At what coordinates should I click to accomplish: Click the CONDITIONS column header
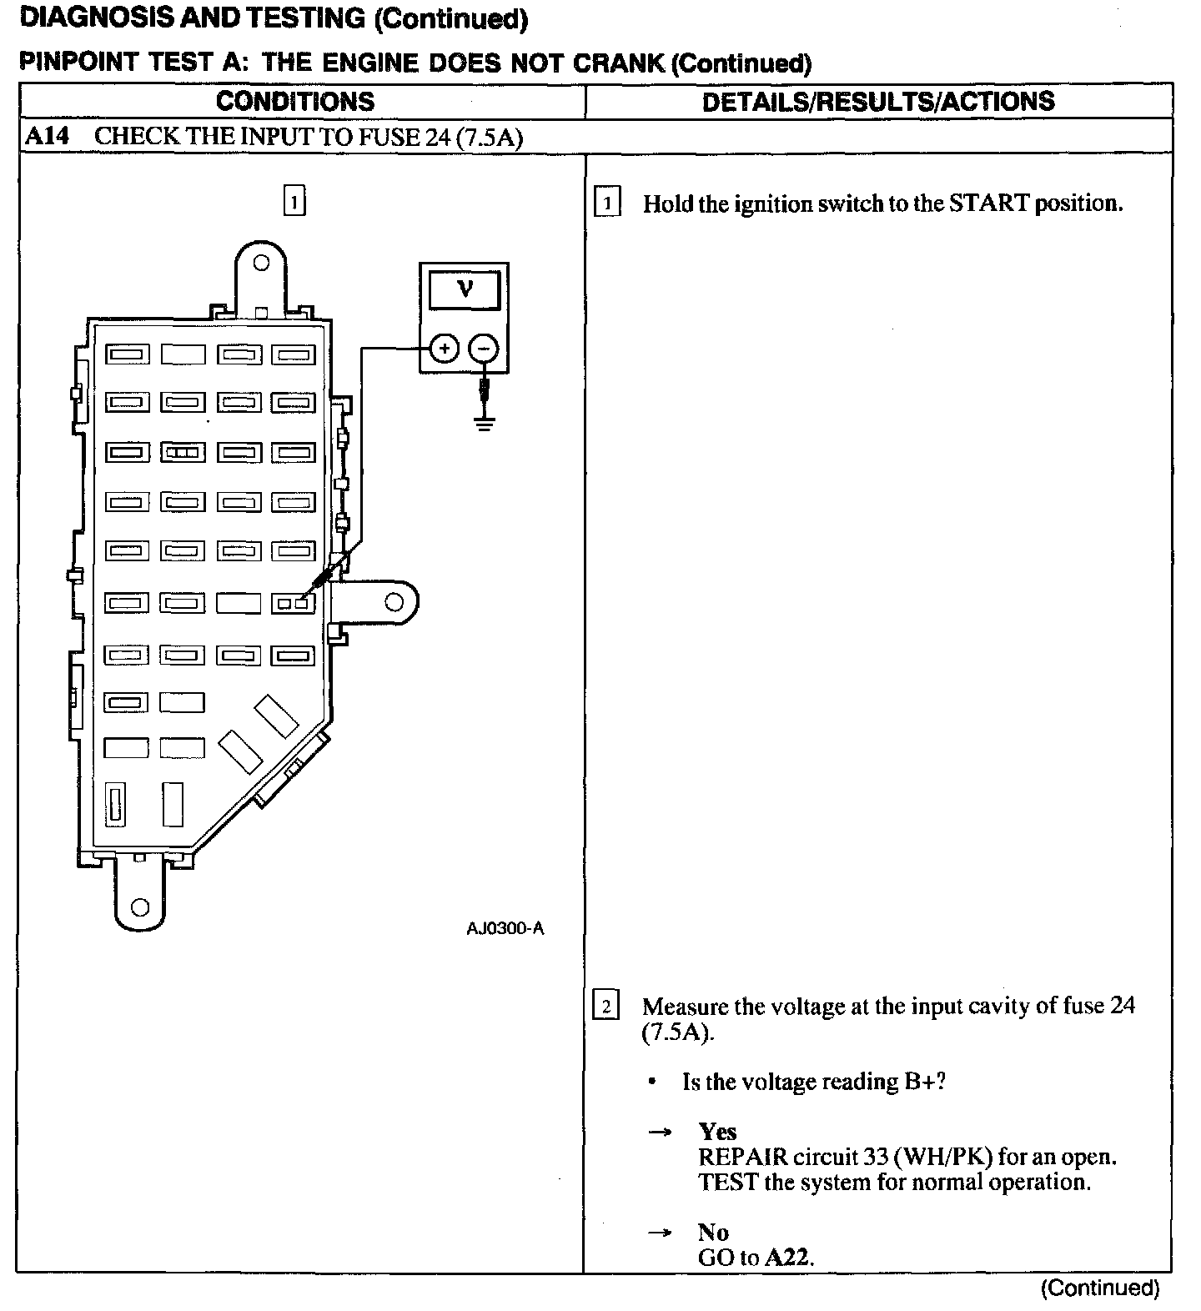point(295,102)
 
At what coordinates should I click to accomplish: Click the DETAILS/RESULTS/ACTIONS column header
point(878,102)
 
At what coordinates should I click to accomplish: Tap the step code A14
point(47,137)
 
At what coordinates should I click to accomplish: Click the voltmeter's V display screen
point(465,289)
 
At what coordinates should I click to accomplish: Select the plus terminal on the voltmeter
point(445,348)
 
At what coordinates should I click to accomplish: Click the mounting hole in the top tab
point(261,264)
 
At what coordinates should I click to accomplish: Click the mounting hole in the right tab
point(394,601)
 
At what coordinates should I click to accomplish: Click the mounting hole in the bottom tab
point(140,907)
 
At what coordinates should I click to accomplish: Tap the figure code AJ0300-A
point(505,928)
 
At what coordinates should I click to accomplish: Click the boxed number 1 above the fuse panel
point(294,202)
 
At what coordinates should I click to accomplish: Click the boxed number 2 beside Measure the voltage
point(606,1007)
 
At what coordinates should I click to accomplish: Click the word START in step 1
point(989,203)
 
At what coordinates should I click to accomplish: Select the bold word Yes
point(717,1132)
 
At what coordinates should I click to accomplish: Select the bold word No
point(713,1233)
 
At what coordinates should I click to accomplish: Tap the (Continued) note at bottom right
point(1099,1288)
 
